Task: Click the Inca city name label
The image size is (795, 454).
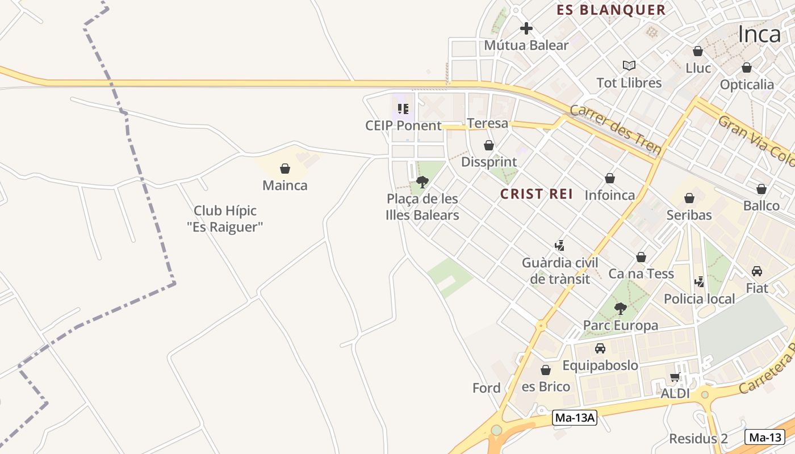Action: click(x=759, y=35)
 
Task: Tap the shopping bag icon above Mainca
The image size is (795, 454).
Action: click(x=285, y=169)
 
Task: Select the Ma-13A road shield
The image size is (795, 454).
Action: click(x=575, y=418)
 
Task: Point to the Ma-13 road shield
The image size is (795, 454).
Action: click(x=765, y=437)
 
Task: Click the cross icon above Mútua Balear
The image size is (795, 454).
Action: click(x=526, y=28)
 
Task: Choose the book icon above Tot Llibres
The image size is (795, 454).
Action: click(x=629, y=65)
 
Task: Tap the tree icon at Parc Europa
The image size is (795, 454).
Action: click(x=621, y=309)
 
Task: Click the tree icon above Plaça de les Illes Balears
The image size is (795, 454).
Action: click(x=422, y=182)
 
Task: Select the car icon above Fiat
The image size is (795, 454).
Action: click(x=757, y=271)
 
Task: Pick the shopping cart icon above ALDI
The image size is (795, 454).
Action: click(x=675, y=377)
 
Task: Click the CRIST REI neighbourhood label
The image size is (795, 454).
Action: click(x=536, y=194)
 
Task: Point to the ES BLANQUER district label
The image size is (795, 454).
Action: click(x=610, y=10)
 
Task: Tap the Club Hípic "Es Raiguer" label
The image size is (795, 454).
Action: click(x=225, y=219)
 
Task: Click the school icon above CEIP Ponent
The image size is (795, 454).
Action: click(x=403, y=108)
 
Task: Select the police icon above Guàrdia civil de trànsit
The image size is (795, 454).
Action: click(x=560, y=246)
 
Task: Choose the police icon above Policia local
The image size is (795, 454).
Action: click(x=700, y=281)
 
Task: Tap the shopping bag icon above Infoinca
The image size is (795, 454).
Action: click(x=610, y=179)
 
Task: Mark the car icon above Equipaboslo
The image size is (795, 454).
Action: click(x=600, y=348)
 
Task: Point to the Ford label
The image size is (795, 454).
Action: click(x=487, y=388)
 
